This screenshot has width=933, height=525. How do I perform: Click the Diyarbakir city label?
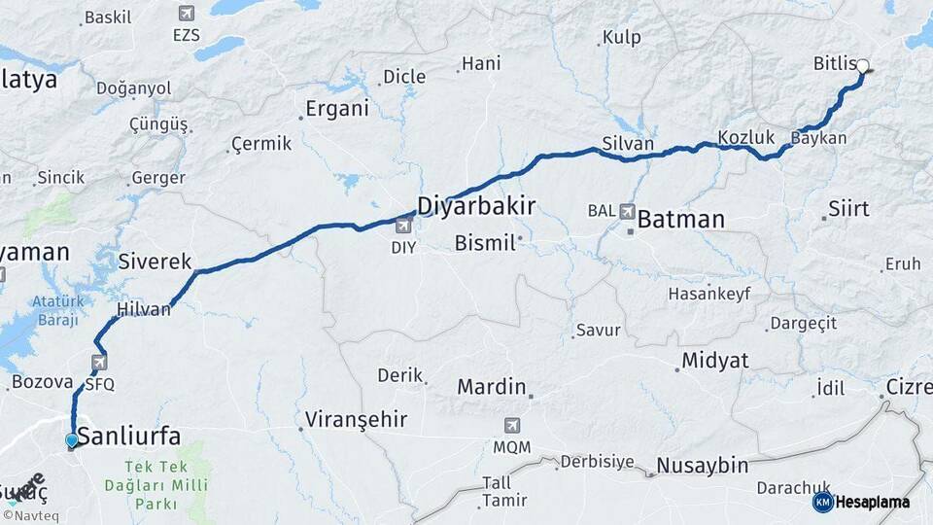tap(476, 205)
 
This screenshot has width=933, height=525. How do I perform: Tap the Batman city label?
tap(680, 220)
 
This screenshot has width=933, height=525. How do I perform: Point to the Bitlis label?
tap(833, 64)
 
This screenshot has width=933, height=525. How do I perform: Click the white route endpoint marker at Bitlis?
tap(862, 67)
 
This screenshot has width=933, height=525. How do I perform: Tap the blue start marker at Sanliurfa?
tap(71, 441)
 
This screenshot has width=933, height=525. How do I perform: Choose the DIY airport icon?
tap(403, 227)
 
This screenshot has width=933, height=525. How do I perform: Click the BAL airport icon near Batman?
tap(628, 211)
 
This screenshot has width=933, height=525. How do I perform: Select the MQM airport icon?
tap(511, 426)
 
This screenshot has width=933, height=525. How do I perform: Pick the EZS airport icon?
tap(186, 14)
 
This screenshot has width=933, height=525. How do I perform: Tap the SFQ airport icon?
tap(99, 363)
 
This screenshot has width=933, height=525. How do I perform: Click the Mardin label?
tap(492, 387)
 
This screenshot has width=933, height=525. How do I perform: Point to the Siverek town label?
tap(155, 261)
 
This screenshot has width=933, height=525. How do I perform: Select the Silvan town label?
tap(628, 143)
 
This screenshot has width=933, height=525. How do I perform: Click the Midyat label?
tap(715, 361)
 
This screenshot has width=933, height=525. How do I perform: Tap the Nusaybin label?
tap(702, 466)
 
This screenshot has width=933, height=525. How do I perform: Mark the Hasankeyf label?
tap(709, 293)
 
